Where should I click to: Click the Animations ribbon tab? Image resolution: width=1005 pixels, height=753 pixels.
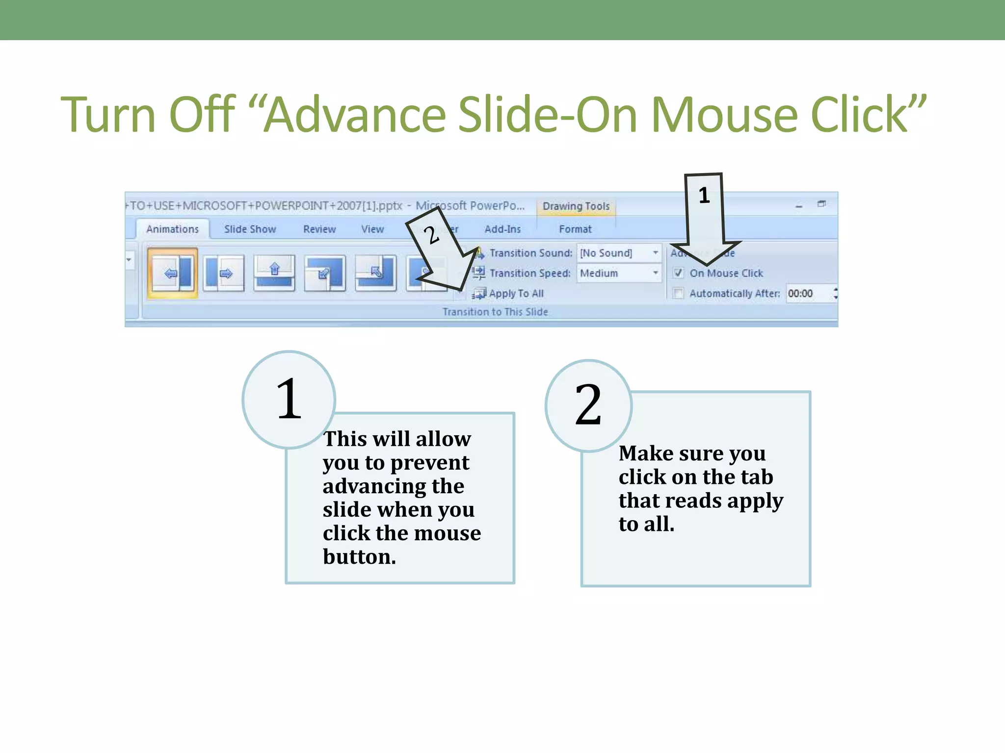172,229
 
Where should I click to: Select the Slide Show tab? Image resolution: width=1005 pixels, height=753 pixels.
250,229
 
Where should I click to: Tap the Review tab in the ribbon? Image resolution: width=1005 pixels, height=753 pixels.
319,229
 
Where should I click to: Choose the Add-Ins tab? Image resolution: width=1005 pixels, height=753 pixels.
502,229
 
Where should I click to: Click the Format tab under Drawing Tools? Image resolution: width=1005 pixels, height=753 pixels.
575,229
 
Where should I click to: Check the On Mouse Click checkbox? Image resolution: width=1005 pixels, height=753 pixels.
678,273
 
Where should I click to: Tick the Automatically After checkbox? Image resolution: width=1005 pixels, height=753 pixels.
678,293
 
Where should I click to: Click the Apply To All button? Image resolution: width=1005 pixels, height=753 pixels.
509,293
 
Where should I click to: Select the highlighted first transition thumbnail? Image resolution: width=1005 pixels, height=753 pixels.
172,273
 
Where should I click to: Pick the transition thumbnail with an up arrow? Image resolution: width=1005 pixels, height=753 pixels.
274,273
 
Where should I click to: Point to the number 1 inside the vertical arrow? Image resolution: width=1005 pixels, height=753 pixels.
704,196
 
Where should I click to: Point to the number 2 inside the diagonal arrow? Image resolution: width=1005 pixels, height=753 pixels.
431,235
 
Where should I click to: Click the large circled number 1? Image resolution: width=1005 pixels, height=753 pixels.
289,400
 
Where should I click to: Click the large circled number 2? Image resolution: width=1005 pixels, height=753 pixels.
588,405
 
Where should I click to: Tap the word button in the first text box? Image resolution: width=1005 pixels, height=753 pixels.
359,557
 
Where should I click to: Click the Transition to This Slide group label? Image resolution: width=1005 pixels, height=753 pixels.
495,312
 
